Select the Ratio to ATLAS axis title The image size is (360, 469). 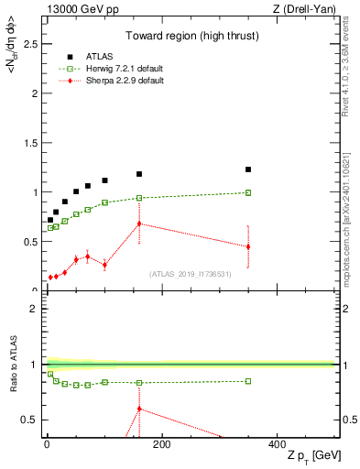point(12,365)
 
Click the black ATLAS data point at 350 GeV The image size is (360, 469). point(248,169)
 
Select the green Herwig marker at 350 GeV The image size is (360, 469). point(248,192)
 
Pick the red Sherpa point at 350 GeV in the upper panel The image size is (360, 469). point(248,246)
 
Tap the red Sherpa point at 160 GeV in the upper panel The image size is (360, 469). point(139,224)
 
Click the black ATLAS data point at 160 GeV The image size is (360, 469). point(139,174)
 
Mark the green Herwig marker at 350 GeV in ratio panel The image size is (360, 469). point(248,381)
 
